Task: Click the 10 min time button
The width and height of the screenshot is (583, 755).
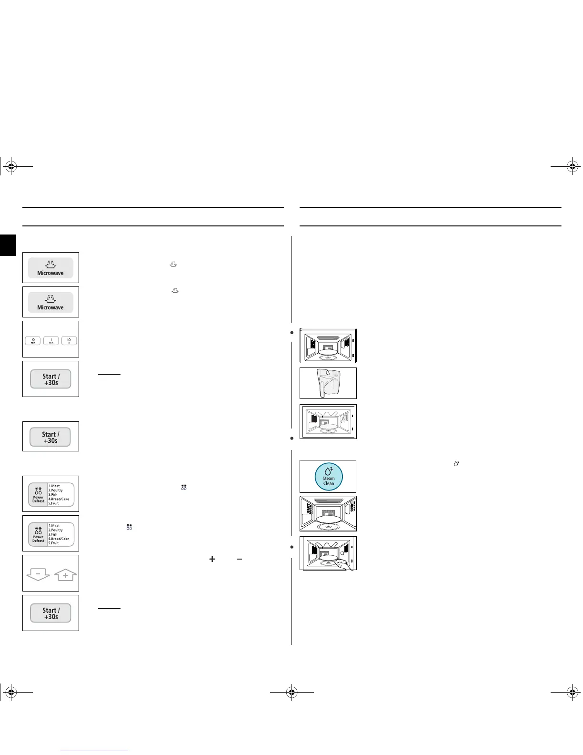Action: pos(33,341)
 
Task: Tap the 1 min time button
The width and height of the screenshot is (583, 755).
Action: pos(51,341)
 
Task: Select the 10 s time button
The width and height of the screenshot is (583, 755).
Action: pos(69,341)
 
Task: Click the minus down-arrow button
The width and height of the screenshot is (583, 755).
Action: pos(38,575)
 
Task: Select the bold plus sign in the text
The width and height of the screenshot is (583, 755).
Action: pos(212,559)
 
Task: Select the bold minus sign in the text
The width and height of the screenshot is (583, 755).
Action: pos(239,559)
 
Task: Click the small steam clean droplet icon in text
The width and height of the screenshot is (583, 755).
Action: pos(456,463)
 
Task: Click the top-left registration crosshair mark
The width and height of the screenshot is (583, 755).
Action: pos(10,166)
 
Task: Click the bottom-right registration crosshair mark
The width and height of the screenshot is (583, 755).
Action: pos(573,694)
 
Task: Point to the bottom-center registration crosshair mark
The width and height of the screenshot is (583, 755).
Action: pos(292,694)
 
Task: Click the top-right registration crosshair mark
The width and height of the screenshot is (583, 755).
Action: pos(573,166)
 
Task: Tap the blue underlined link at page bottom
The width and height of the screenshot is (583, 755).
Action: pos(95,752)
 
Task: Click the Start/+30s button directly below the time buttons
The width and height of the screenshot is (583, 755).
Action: pos(50,379)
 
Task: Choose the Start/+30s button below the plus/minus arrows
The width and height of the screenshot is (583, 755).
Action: pos(50,613)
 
